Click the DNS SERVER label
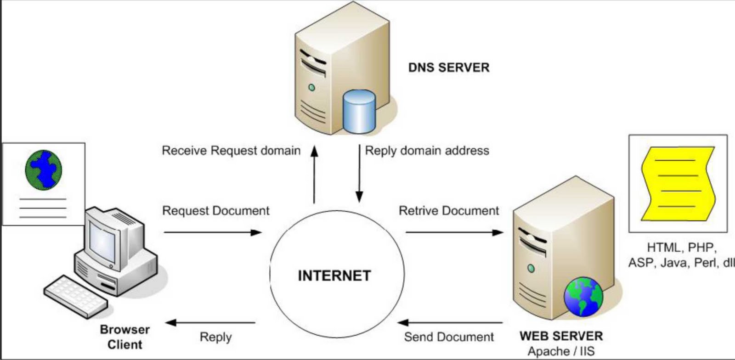click(448, 67)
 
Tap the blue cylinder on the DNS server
click(359, 112)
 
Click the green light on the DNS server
click(312, 88)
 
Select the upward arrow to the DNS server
click(314, 174)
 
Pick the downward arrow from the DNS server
click(359, 174)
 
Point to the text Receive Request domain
click(231, 151)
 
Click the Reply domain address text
click(427, 151)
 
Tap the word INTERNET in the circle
click(334, 276)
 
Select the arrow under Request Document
click(213, 232)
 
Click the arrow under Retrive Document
click(454, 232)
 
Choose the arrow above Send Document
click(450, 323)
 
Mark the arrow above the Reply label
click(210, 323)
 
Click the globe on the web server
click(583, 297)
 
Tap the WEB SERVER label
click(561, 336)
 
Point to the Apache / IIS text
click(561, 351)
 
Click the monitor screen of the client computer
click(102, 242)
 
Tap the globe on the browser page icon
click(43, 170)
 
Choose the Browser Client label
click(124, 337)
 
